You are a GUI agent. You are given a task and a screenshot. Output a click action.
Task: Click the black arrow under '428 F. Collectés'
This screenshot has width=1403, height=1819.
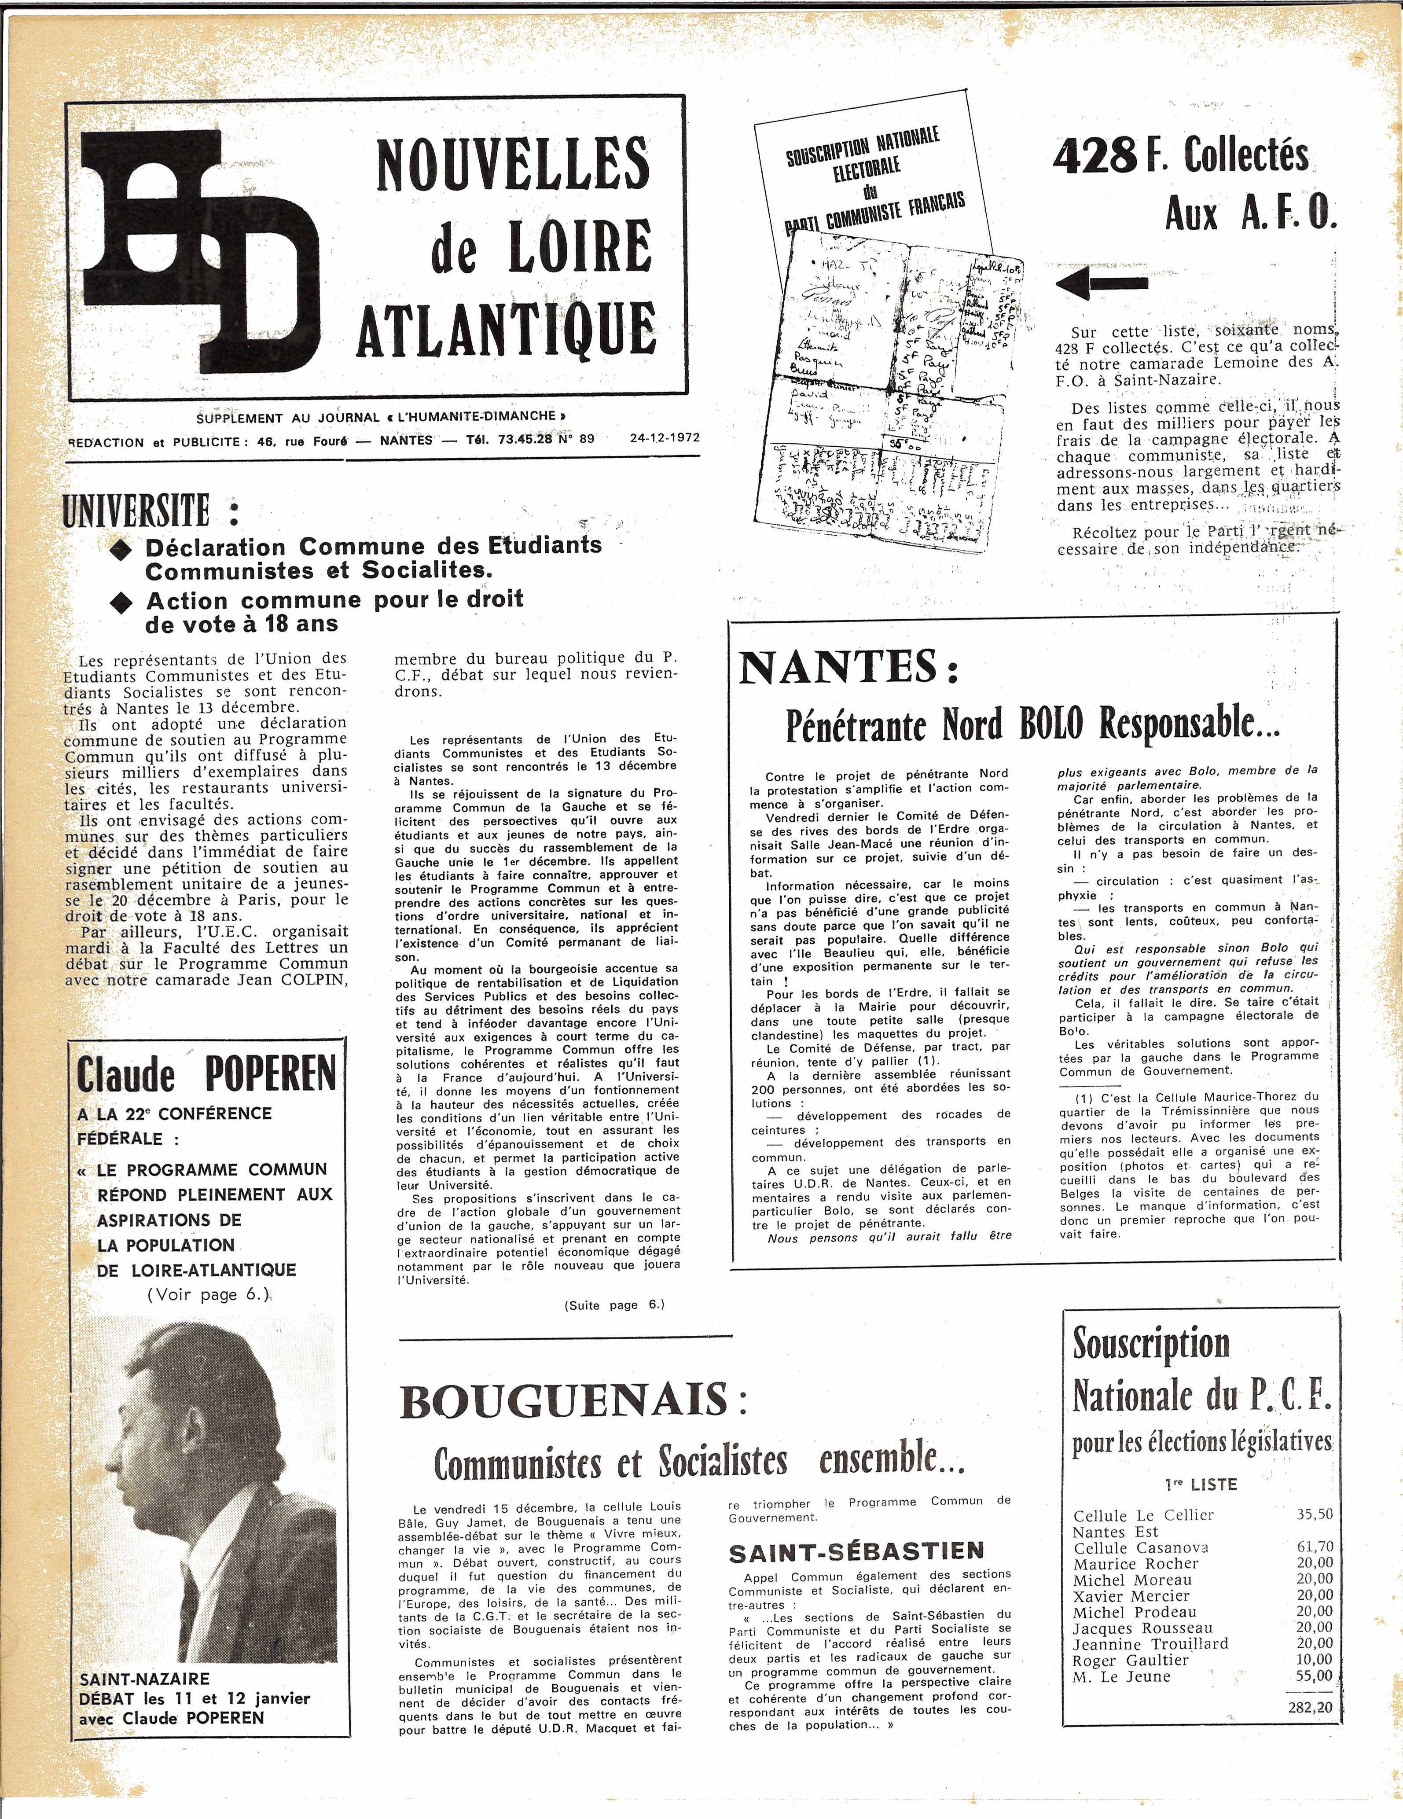[x=1102, y=283]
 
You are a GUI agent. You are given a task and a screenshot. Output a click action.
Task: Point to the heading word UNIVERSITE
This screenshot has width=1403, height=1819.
[x=136, y=510]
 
